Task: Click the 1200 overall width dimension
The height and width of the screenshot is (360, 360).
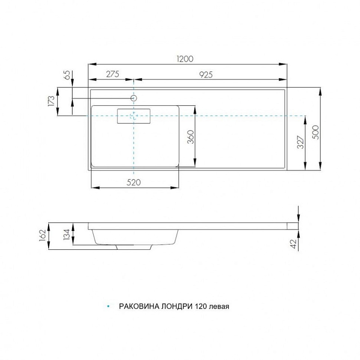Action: click(x=185, y=59)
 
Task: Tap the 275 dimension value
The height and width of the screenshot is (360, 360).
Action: click(x=112, y=74)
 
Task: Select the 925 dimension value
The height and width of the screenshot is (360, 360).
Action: click(x=206, y=75)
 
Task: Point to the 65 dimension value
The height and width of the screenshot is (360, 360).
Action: click(x=67, y=75)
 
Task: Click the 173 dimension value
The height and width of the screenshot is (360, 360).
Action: click(x=51, y=101)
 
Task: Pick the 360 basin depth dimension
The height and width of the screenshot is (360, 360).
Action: click(x=190, y=137)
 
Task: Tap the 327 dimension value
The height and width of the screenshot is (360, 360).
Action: click(x=301, y=142)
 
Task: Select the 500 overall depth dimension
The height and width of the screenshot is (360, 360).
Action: click(x=316, y=132)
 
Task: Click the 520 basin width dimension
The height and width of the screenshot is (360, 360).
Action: click(x=134, y=183)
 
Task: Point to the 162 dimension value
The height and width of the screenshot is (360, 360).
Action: click(x=43, y=235)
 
